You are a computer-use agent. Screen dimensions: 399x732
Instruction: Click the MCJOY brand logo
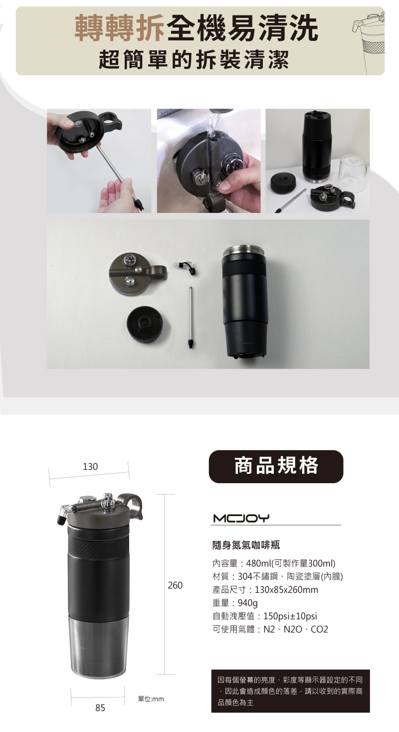tap(241, 518)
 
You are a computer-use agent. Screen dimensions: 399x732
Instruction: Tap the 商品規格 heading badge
tap(276, 466)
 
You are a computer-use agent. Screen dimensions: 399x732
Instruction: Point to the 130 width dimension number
tap(90, 466)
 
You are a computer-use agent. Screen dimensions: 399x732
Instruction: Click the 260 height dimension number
tap(175, 585)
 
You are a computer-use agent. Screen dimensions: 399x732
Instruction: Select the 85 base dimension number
tap(100, 708)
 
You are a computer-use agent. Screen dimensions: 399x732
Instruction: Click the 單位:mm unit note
tap(151, 699)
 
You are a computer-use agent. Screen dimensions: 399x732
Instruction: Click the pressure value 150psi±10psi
tap(290, 616)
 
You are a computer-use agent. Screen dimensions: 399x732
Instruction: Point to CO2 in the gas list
tap(319, 629)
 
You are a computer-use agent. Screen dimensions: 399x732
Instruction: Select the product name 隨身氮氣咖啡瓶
tap(246, 545)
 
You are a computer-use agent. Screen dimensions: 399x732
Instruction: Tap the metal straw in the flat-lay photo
tap(191, 317)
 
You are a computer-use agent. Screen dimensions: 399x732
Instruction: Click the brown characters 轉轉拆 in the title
tap(120, 28)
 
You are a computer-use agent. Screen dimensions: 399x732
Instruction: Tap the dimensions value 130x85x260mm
tap(286, 589)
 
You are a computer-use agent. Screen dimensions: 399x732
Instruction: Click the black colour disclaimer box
tap(290, 691)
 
